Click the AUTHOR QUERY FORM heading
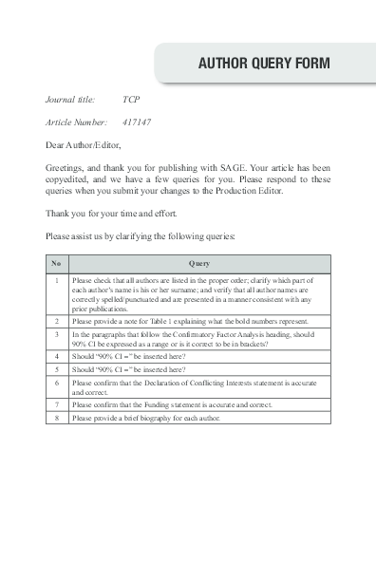coord(263,64)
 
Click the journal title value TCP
coord(131,99)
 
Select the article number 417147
coord(137,122)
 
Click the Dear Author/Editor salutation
coord(84,146)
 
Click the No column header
coord(56,263)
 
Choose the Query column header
coord(198,263)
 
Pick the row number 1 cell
coord(56,281)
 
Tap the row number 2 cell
coord(56,322)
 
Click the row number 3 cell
coord(56,334)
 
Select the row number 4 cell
coord(56,356)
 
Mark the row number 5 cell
coord(56,368)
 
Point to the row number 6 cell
coord(56,382)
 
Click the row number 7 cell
coord(56,404)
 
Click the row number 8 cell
coord(56,417)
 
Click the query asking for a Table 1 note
coord(189,322)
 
